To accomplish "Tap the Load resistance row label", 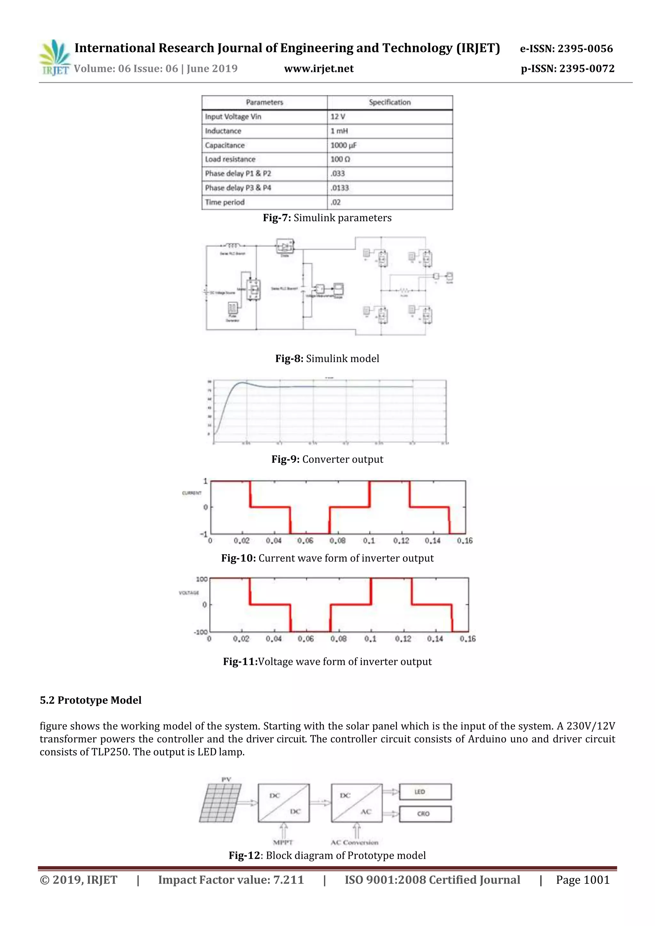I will (230, 159).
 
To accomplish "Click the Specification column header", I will (389, 102).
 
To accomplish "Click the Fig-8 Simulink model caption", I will (327, 358).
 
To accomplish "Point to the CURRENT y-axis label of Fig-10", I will (192, 493).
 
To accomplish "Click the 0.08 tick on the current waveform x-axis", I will (337, 540).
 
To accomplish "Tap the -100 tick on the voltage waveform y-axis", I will (201, 632).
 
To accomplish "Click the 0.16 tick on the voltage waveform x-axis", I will (468, 639).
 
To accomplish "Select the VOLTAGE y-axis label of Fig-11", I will (189, 592).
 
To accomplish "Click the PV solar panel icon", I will (221, 803).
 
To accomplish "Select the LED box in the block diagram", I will (425, 792).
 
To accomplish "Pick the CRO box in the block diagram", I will (425, 814).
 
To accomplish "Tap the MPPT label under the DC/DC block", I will (283, 843).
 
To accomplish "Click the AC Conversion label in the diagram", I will (354, 843).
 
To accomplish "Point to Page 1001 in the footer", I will (582, 880).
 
